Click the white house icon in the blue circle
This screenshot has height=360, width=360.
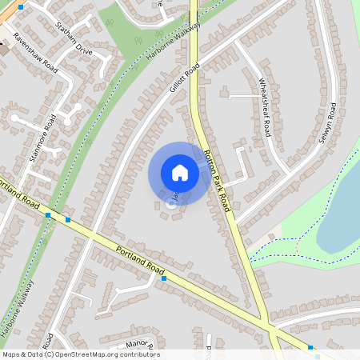180,173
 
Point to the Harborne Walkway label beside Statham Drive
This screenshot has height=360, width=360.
174,39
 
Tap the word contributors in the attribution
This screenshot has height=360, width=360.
137,354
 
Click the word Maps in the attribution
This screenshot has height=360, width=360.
11,354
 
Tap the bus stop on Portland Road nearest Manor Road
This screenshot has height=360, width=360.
163,279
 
